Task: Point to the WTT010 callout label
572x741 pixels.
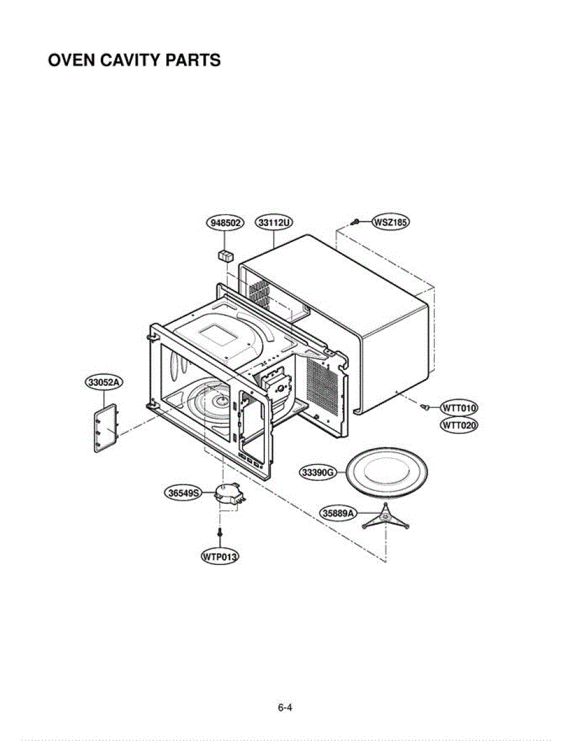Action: point(458,408)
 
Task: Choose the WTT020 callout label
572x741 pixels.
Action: point(458,425)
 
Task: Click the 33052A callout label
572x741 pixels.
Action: point(103,383)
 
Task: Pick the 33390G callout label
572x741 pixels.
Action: point(318,473)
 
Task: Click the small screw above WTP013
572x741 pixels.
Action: point(219,532)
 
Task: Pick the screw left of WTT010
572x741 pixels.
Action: point(425,407)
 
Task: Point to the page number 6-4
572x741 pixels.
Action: point(285,708)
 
